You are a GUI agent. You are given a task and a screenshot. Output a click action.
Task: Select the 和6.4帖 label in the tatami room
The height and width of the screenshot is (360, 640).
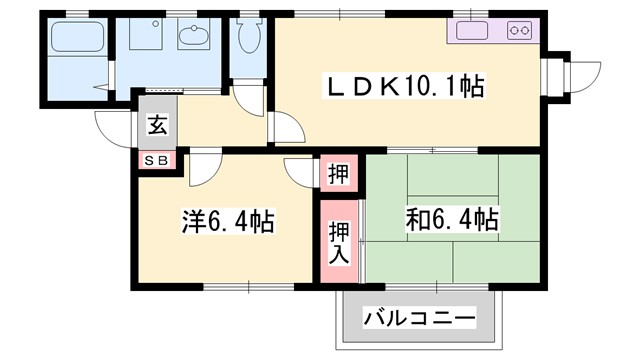pyautogui.click(x=453, y=219)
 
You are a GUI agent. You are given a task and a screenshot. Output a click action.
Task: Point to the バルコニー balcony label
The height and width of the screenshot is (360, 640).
pyautogui.click(x=419, y=321)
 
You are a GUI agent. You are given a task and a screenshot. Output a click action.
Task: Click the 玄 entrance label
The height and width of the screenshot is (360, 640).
pyautogui.click(x=158, y=125)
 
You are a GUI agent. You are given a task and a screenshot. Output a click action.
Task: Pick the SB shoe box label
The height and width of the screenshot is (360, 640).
pyautogui.click(x=158, y=160)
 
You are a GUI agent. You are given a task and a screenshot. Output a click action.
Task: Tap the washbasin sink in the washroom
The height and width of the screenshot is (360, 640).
pyautogui.click(x=194, y=37)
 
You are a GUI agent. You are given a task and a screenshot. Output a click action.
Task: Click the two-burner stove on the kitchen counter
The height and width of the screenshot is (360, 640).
pyautogui.click(x=520, y=30)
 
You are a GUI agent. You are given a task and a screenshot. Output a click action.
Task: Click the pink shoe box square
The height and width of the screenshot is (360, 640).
pyautogui.click(x=158, y=160)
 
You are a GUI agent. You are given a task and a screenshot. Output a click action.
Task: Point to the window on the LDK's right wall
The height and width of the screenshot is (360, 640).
pyautogui.click(x=553, y=72)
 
